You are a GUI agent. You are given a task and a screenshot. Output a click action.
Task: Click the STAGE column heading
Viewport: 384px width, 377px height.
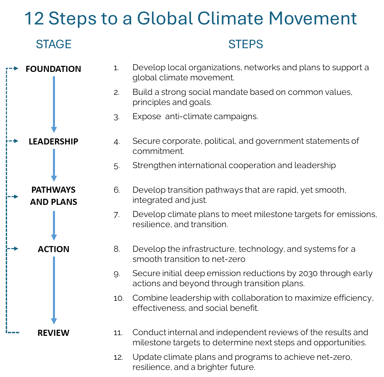pos(54,44)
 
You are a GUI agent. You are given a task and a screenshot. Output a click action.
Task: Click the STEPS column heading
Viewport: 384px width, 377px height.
pos(246,44)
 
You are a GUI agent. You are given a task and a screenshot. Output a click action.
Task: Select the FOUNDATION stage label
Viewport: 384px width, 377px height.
pos(53,69)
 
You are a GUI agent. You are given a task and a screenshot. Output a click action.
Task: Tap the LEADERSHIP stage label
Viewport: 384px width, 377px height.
pos(53,141)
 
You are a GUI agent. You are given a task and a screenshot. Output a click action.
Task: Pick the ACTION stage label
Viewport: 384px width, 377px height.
pos(53,249)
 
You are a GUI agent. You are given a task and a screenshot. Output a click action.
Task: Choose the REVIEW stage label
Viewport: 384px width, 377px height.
pos(53,333)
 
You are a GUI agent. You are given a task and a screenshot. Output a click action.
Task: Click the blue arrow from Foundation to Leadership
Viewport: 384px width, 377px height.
pos(54,105)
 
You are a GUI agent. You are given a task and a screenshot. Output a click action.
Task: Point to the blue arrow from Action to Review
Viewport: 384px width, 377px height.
pos(54,291)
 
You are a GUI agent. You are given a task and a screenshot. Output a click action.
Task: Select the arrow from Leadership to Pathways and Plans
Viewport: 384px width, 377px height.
pos(54,165)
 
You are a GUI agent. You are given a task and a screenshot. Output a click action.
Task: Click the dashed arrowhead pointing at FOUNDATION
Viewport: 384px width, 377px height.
pos(16,69)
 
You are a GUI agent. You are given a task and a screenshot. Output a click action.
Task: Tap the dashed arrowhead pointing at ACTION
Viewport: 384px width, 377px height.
pos(16,248)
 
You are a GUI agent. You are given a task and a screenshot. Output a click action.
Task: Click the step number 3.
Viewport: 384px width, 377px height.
pos(116,117)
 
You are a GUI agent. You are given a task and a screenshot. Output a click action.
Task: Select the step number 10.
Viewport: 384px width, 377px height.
pos(119,298)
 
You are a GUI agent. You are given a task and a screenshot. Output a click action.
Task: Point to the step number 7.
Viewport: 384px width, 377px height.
pos(116,215)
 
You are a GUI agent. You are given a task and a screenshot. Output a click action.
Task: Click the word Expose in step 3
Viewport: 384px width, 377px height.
pos(147,116)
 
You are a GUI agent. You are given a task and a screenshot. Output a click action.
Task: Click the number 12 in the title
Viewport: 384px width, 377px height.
pos(34,18)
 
